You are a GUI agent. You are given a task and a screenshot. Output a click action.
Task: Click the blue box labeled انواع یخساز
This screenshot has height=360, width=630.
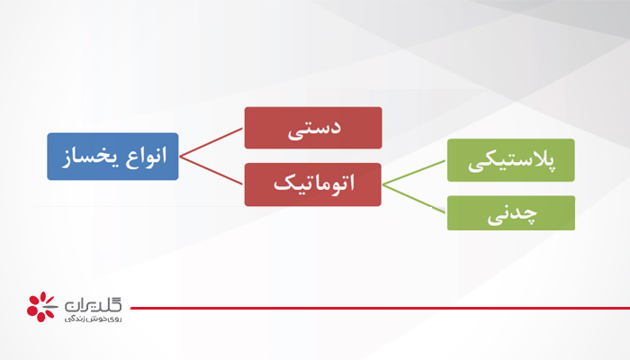tap(113, 157)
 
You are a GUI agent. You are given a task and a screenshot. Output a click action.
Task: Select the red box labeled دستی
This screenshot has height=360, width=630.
tap(313, 128)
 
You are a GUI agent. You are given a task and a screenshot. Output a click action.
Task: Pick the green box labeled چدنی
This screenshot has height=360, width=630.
tap(511, 213)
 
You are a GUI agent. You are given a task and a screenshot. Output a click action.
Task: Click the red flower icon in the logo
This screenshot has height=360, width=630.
tap(40, 305)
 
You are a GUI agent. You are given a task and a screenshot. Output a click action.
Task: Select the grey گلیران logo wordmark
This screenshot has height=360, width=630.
tap(94, 303)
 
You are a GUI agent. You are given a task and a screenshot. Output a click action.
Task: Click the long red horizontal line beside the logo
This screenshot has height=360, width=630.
tap(378, 308)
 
